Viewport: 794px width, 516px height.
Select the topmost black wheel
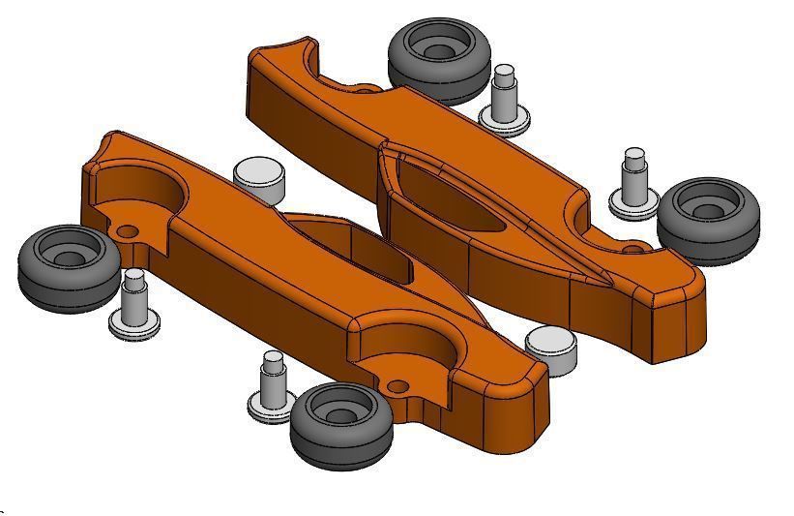438,57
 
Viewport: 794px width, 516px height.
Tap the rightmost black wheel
708,219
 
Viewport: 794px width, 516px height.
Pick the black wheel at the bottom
341,423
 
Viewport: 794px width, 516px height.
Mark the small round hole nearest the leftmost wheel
126,233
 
